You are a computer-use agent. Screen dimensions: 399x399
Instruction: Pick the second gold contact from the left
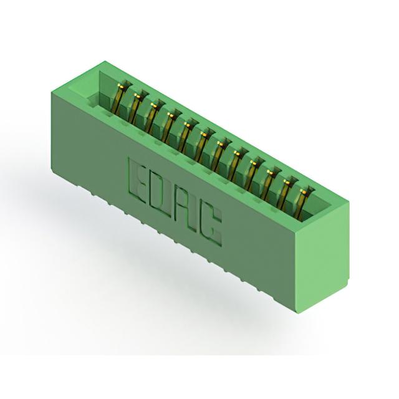135,107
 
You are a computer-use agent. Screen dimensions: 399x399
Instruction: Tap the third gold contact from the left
153,117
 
